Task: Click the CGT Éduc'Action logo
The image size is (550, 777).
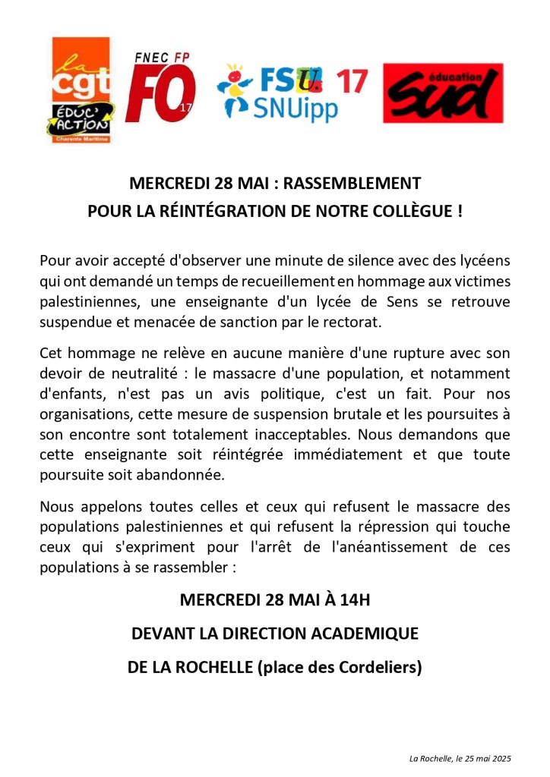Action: coord(82,91)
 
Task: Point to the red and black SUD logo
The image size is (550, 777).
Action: coord(443,93)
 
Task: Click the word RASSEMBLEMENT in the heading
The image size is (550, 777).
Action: coord(357,184)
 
